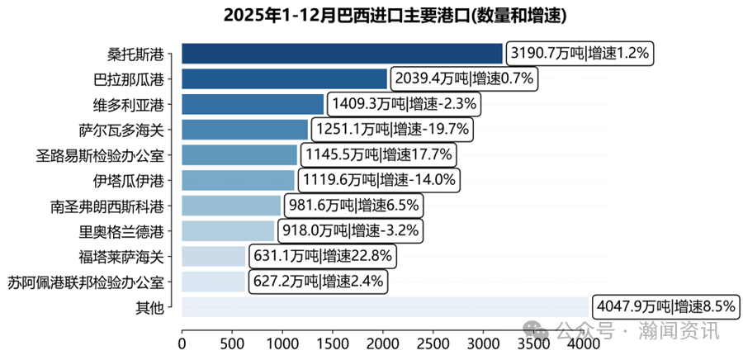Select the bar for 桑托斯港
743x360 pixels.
click(342, 54)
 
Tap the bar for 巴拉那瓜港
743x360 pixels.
click(284, 79)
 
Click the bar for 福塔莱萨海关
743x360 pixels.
click(214, 256)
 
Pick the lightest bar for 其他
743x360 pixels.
click(385, 306)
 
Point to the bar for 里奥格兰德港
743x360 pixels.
click(228, 230)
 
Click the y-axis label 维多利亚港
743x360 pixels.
click(128, 105)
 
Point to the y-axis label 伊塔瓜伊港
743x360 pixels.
click(128, 180)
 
